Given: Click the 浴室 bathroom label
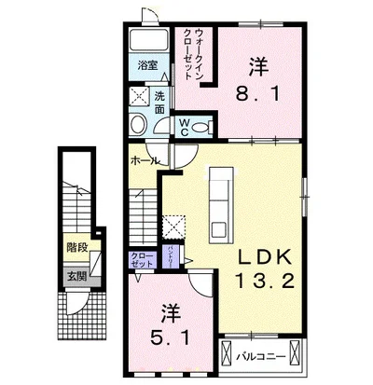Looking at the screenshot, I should click(147, 66).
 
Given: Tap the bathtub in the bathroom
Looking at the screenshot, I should click(147, 41).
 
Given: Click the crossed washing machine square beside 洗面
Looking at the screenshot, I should click(138, 96).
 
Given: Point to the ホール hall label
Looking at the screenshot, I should click(143, 159).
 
